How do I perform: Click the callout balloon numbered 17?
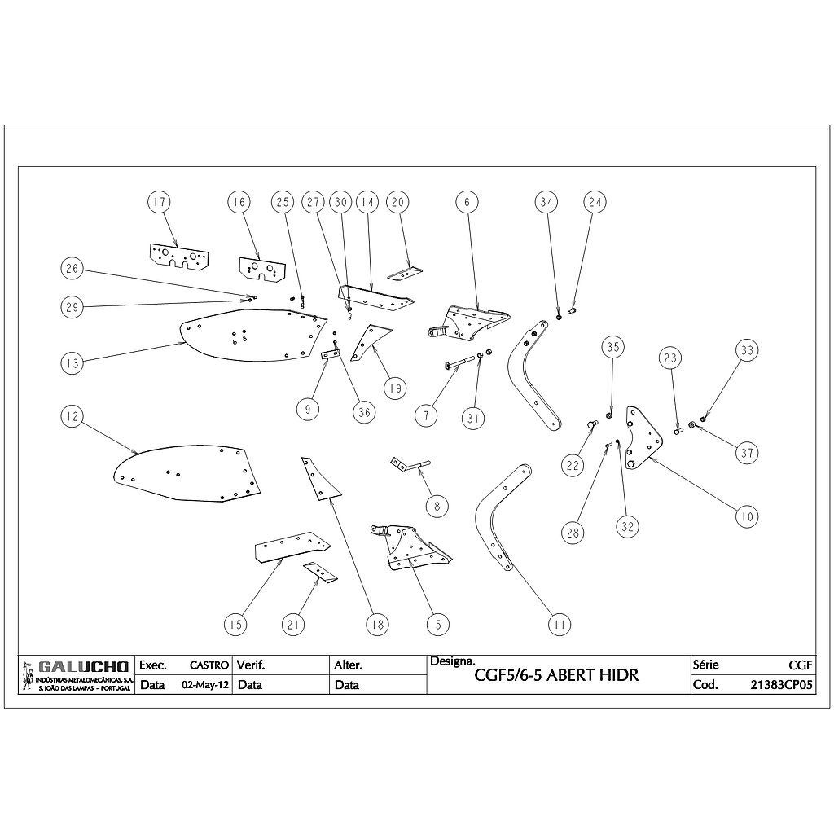click(x=160, y=202)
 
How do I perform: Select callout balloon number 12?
click(x=72, y=416)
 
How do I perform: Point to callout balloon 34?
click(x=547, y=202)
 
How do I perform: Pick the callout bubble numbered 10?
click(x=746, y=516)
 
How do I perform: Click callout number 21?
click(x=294, y=625)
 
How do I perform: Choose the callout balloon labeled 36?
click(x=364, y=412)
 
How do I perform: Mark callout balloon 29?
click(x=72, y=307)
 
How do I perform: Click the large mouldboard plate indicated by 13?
click(x=244, y=338)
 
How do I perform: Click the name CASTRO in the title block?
click(x=208, y=665)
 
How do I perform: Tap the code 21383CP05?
click(x=781, y=685)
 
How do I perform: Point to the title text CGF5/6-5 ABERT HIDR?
click(x=556, y=675)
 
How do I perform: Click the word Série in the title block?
click(x=705, y=665)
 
